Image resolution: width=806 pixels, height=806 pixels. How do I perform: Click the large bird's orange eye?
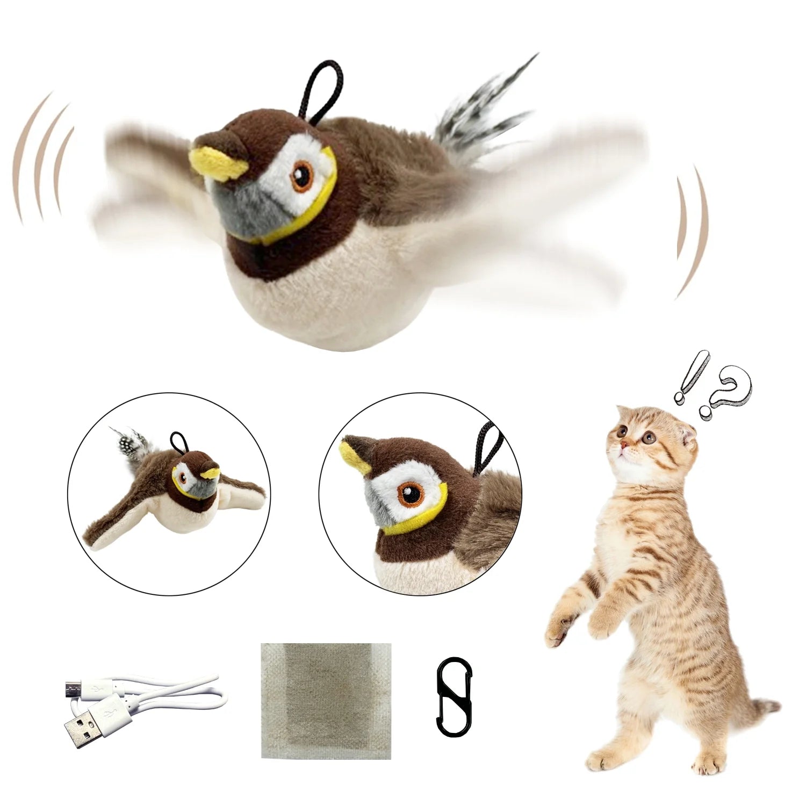coord(303,176)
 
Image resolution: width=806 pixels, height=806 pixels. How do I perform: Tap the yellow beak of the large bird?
coord(216,162)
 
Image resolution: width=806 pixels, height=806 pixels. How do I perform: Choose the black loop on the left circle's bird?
coord(178,440)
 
